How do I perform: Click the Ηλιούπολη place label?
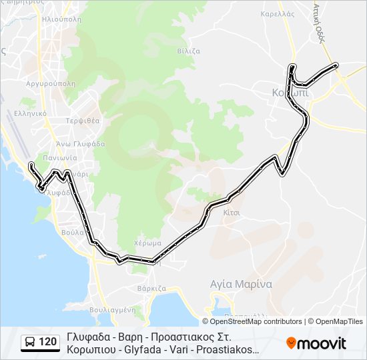pyautogui.click(x=61, y=20)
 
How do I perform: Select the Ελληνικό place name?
pyautogui.click(x=32, y=113)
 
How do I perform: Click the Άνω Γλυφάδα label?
pyautogui.click(x=79, y=143)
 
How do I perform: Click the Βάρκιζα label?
pyautogui.click(x=151, y=289)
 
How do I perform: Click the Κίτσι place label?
pyautogui.click(x=232, y=212)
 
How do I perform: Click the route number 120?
pyautogui.click(x=47, y=343)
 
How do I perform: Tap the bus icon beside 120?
pyautogui.click(x=30, y=343)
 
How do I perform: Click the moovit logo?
pyautogui.click(x=316, y=343)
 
